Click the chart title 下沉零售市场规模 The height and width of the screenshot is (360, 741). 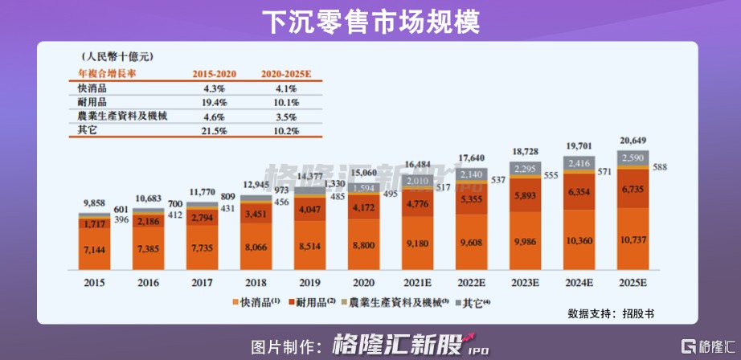[370, 22]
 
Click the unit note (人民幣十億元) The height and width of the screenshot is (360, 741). [117, 57]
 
